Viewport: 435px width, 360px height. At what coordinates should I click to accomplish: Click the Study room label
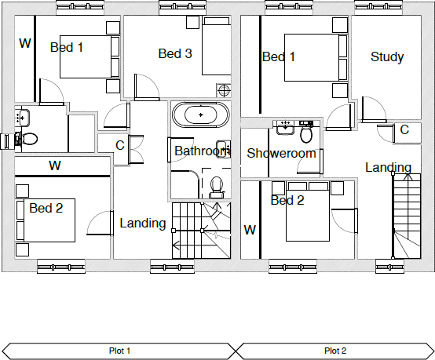pyautogui.click(x=387, y=56)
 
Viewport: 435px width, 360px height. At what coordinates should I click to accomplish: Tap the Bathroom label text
pyautogui.click(x=203, y=151)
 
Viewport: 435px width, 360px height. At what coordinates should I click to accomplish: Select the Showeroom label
pyautogui.click(x=281, y=153)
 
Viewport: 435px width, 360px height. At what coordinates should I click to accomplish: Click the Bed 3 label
pyautogui.click(x=175, y=53)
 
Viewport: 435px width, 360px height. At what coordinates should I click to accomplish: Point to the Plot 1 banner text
pyautogui.click(x=119, y=351)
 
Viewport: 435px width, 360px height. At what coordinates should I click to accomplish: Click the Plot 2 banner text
pyautogui.click(x=335, y=351)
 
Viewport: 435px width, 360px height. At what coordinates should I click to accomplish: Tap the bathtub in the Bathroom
pyautogui.click(x=201, y=115)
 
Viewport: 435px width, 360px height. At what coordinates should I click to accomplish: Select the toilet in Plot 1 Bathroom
pyautogui.click(x=217, y=187)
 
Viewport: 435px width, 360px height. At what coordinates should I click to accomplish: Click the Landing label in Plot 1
pyautogui.click(x=143, y=224)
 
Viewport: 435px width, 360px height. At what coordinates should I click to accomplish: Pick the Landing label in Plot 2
pyautogui.click(x=388, y=167)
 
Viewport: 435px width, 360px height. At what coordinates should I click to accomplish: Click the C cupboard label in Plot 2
pyautogui.click(x=404, y=129)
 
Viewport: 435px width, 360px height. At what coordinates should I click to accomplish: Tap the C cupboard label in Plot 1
pyautogui.click(x=120, y=145)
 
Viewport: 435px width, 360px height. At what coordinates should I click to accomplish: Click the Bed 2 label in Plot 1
pyautogui.click(x=46, y=208)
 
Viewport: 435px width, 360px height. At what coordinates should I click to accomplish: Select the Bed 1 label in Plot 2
pyautogui.click(x=279, y=56)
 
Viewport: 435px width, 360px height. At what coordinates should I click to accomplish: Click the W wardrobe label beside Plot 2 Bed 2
pyautogui.click(x=250, y=230)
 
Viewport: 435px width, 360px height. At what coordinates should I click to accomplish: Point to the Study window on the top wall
pyautogui.click(x=378, y=7)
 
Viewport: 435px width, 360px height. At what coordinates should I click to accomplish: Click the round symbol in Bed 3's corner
pyautogui.click(x=224, y=90)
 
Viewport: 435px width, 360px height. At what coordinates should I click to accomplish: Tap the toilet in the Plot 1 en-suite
pyautogui.click(x=27, y=139)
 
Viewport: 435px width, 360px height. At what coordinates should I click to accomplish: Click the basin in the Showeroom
pyautogui.click(x=285, y=128)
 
